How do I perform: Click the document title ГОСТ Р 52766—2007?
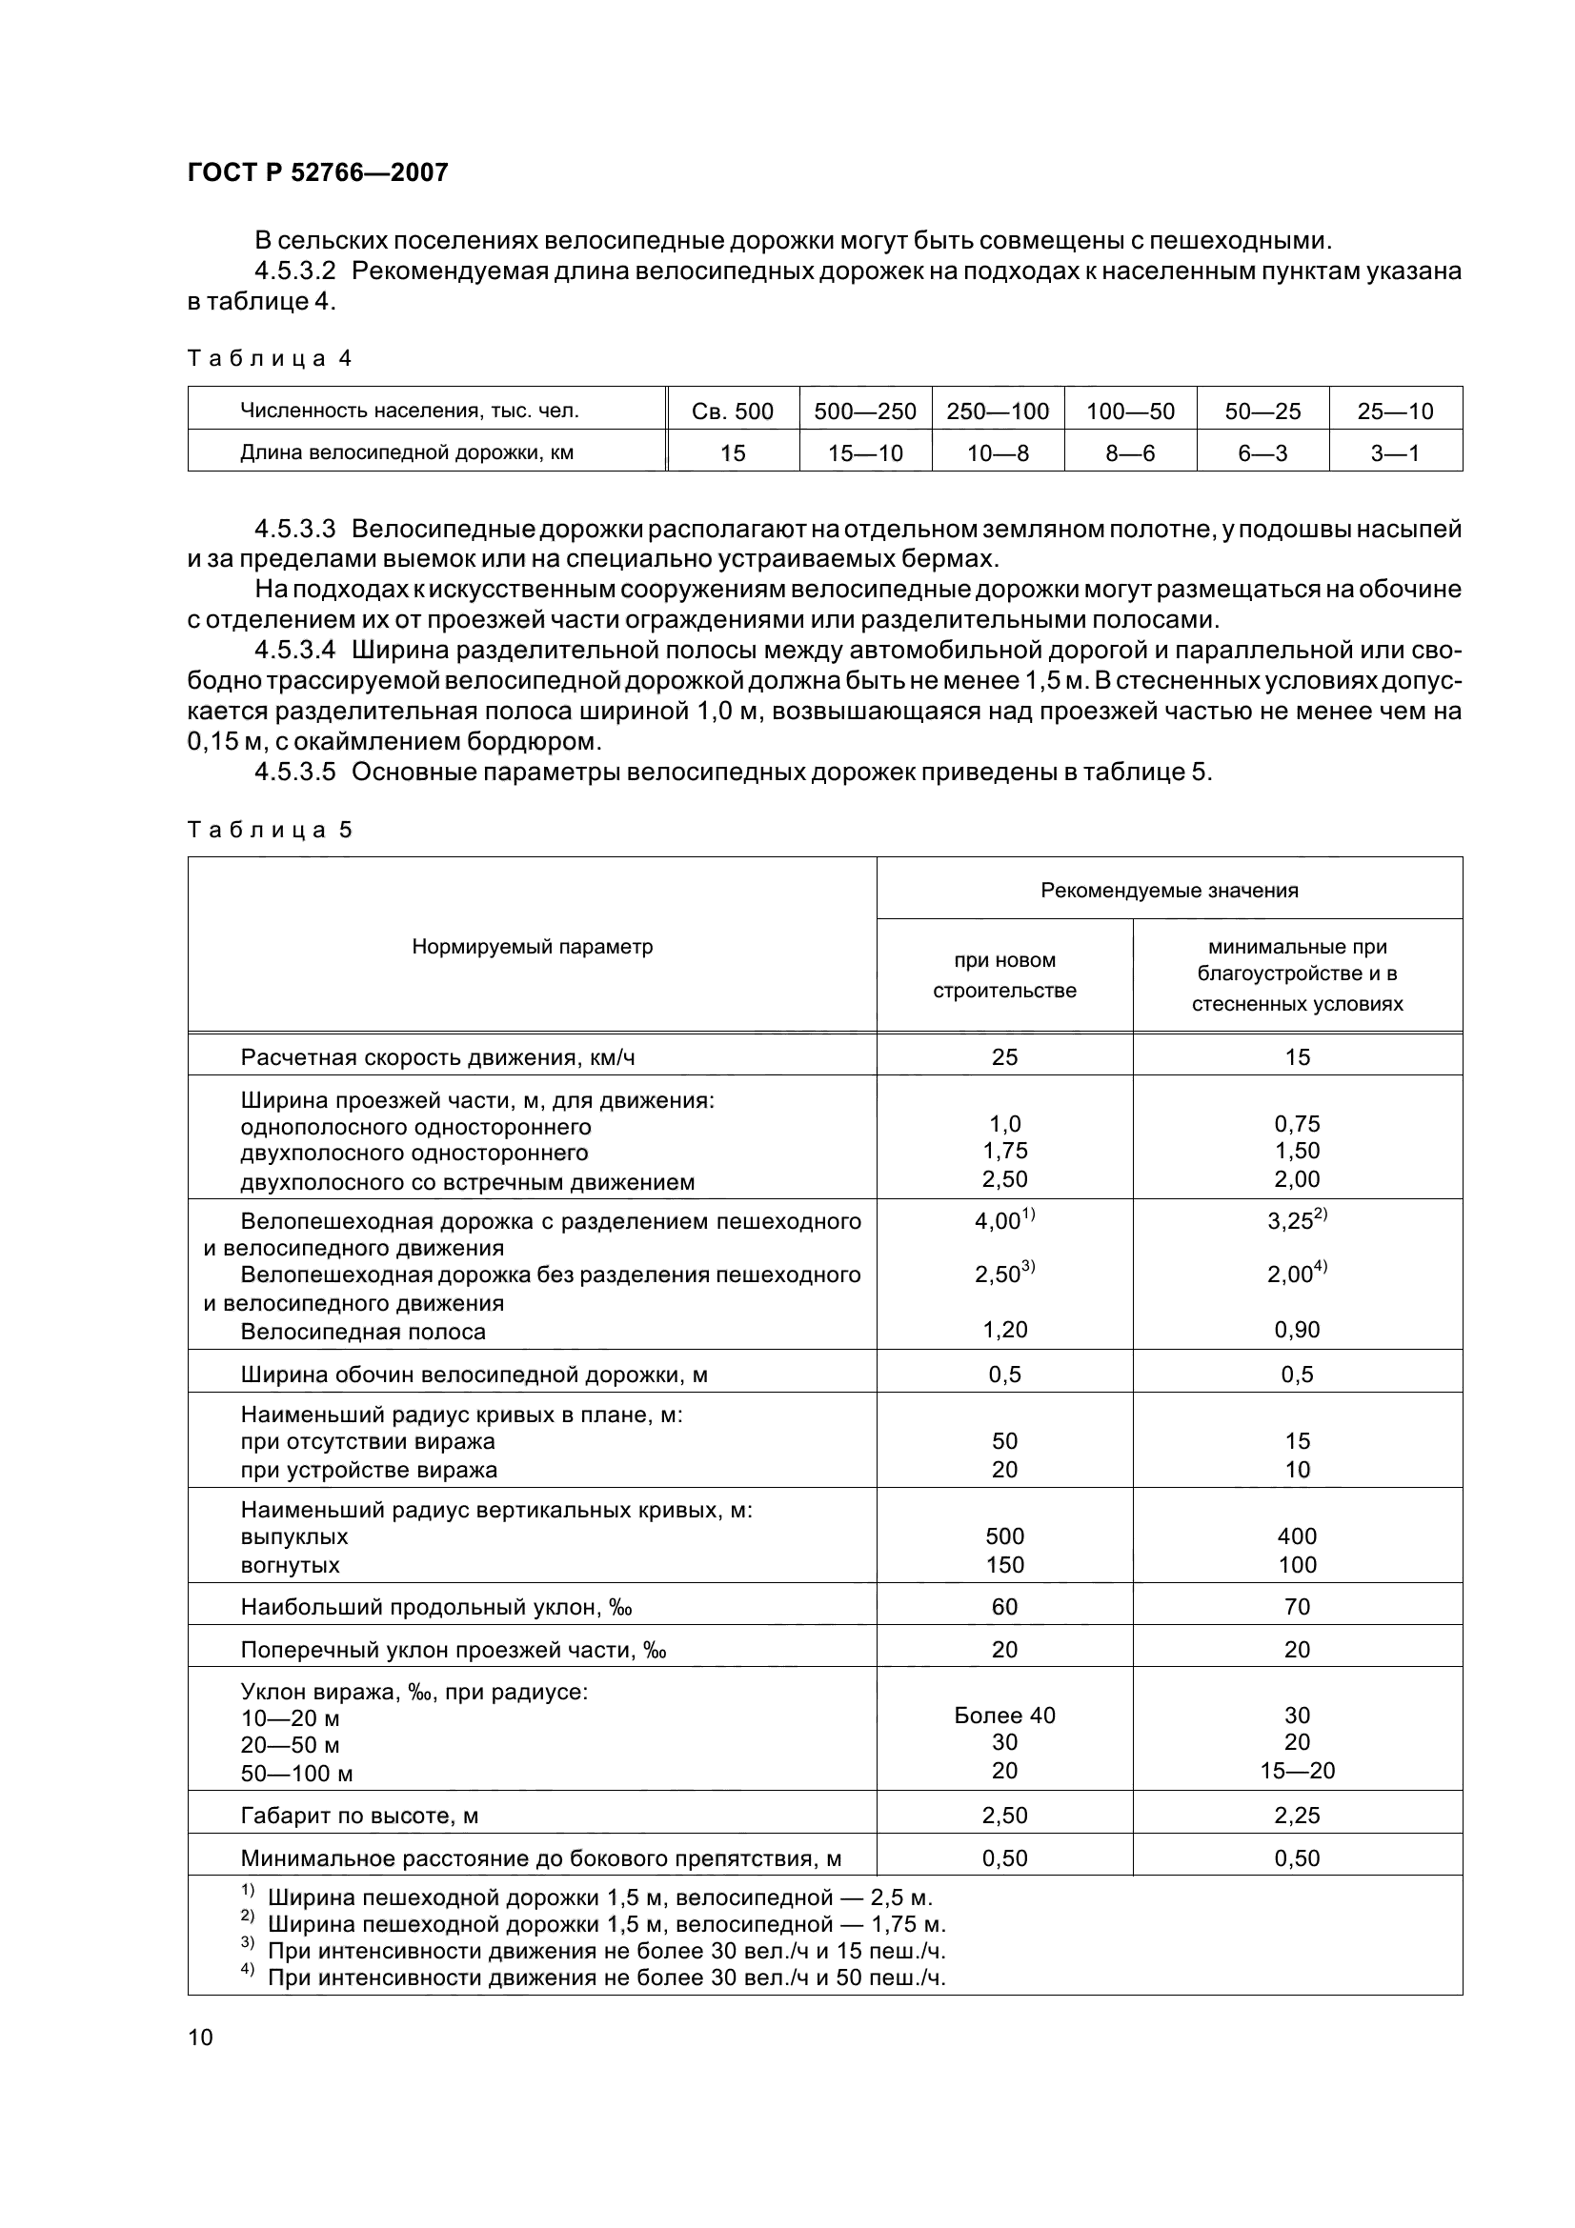coord(317,172)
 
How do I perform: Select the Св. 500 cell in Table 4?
coord(733,411)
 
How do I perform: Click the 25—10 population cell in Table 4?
coord(1395,411)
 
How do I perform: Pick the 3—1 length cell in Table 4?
coord(1395,453)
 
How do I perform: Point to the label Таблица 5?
coord(269,830)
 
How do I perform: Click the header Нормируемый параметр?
coord(532,946)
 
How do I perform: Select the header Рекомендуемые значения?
coord(1168,890)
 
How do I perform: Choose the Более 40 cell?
coord(1004,1715)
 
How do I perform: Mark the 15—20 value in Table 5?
coord(1297,1770)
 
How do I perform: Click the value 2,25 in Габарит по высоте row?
coord(1297,1815)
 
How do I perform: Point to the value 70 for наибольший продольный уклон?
coord(1297,1606)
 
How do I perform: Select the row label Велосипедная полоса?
coord(362,1332)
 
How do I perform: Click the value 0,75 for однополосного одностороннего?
coord(1297,1124)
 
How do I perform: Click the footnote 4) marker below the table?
coord(247,1974)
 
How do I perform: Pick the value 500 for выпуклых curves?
coord(1004,1536)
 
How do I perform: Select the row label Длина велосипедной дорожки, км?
coord(407,453)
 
